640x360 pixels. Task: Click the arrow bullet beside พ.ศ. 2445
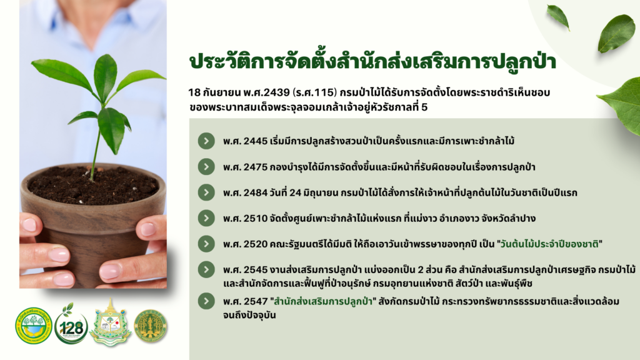tap(206, 141)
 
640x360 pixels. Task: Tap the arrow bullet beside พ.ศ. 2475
tap(206, 166)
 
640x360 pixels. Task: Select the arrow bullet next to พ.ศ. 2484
tap(206, 192)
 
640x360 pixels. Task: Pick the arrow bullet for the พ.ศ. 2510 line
tap(206, 218)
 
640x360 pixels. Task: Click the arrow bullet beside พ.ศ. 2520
tap(206, 244)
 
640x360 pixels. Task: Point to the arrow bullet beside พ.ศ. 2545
tap(206, 269)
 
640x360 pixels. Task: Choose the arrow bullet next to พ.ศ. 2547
tap(206, 301)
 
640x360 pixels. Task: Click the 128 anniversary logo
tap(71, 324)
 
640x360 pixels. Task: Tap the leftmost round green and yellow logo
tap(34, 325)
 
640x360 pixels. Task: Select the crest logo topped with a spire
tap(110, 322)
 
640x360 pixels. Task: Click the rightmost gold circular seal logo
tap(151, 326)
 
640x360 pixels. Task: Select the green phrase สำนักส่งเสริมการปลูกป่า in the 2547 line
tap(323, 302)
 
